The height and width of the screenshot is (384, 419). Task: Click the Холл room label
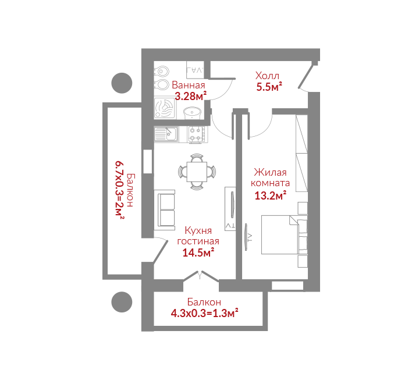point(267,76)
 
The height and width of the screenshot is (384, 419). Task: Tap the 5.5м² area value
point(269,87)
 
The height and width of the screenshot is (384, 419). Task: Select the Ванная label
point(189,85)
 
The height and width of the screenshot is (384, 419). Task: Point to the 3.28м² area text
point(190,96)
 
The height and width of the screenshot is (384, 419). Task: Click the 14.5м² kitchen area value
point(198,253)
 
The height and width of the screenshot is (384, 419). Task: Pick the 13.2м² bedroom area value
point(271,195)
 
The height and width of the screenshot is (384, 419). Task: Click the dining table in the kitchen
point(197,172)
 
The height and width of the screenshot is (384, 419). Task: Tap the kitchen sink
point(166,134)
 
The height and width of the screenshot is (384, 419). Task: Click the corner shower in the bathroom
point(165,108)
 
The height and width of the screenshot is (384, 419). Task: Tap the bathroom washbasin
point(193,113)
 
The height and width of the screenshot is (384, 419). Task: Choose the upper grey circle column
point(122,83)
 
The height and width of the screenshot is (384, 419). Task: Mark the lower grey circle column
point(122,302)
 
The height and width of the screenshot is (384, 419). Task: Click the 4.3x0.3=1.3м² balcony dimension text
point(205,313)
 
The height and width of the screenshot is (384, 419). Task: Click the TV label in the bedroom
point(250,237)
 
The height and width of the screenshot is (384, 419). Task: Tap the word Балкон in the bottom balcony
point(204,302)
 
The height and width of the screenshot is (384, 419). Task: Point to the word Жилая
point(270,172)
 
